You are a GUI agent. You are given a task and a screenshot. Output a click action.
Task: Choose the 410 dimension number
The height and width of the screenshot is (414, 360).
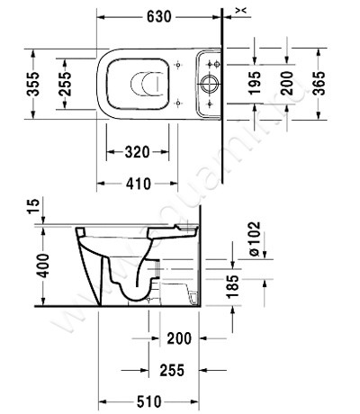pyautogui.click(x=138, y=184)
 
